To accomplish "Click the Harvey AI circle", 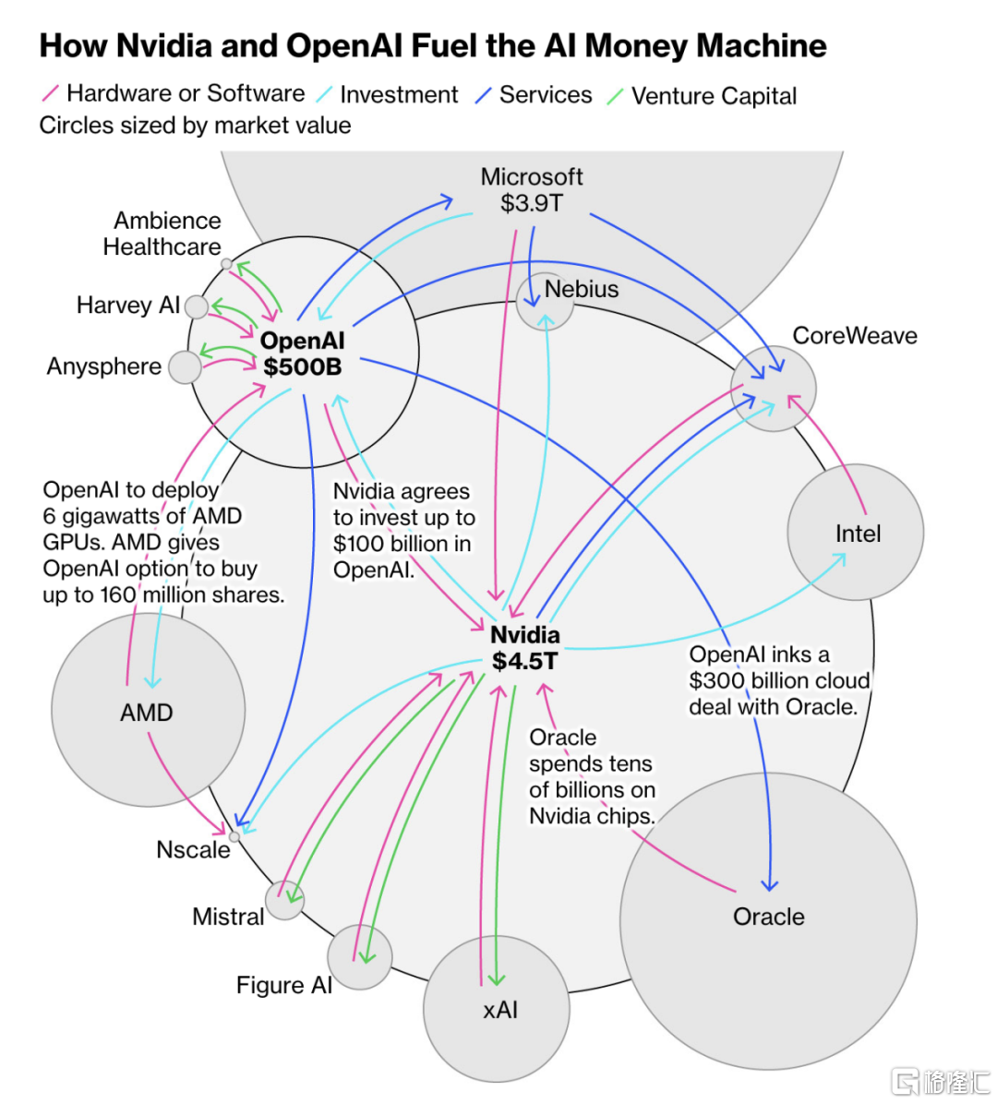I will coord(196,306).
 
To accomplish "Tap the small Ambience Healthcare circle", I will coord(226,264).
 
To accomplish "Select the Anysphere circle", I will coord(186,367).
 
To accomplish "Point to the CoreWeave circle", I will coord(774,389).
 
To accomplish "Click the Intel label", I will coord(858,534).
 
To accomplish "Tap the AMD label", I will coord(147,713).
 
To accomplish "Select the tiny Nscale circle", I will coord(234,836).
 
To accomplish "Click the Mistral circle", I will coord(284,900).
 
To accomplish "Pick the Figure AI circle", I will coord(359,957).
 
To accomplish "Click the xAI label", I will coord(500,1010).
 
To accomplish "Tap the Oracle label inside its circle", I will coord(768,917).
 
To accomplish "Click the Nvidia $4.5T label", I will coord(524,648).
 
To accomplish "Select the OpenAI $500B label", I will coord(302,354).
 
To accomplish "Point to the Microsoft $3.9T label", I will coord(532,189).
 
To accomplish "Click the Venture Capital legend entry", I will coord(713,96).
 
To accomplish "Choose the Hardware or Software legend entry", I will coord(185,93).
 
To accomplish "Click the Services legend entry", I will coord(545,95).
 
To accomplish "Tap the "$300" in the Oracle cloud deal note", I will coord(716,680).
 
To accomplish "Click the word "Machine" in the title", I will coord(762,45).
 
